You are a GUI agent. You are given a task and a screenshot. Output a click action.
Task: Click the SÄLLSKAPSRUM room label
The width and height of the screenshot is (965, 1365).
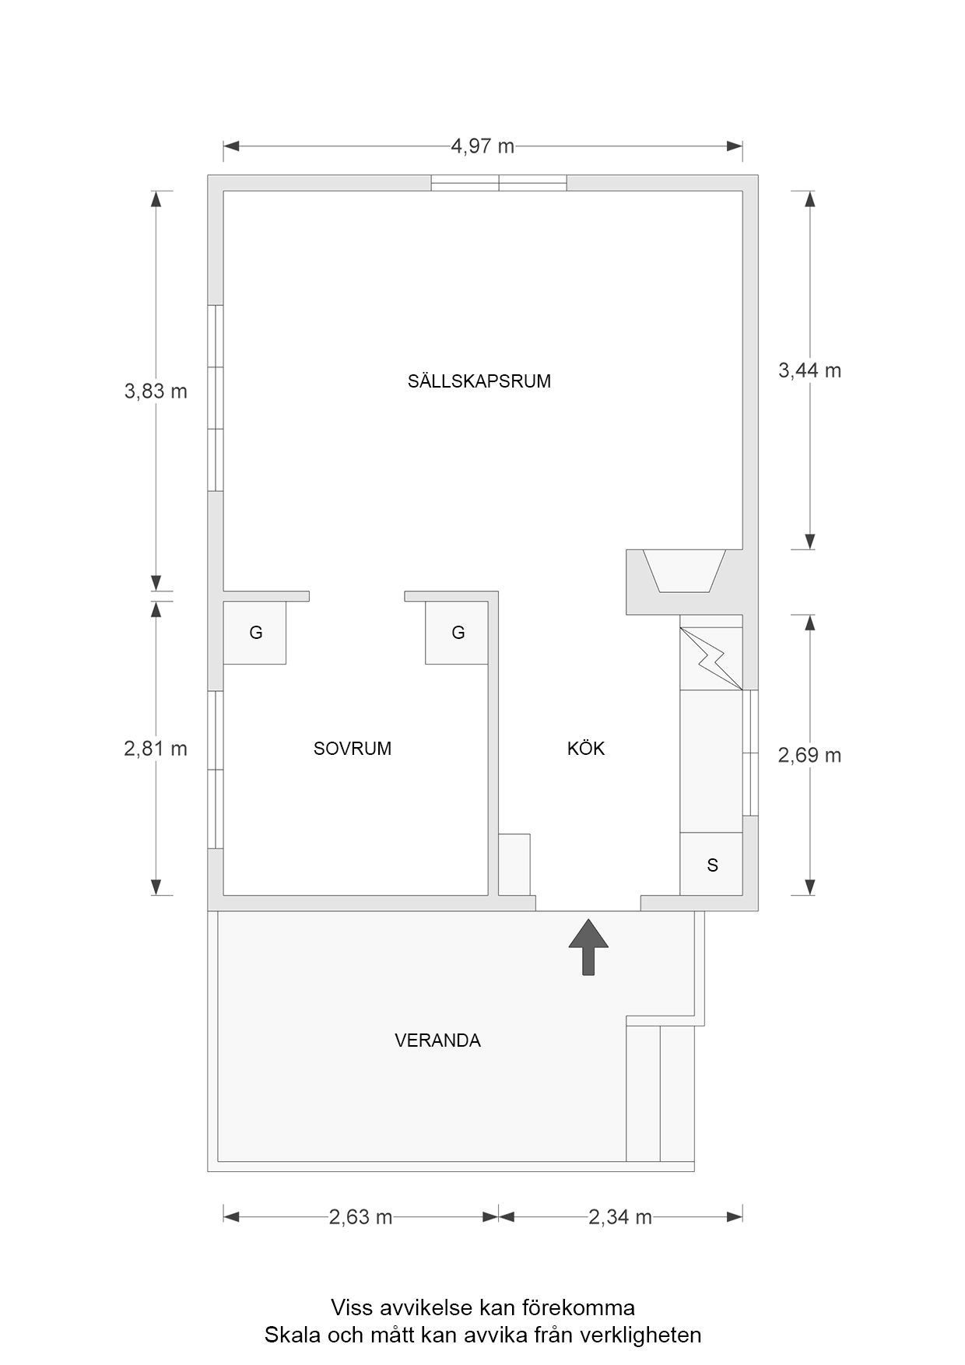479,381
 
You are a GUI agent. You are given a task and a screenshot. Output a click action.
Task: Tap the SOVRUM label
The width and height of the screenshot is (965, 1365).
352,749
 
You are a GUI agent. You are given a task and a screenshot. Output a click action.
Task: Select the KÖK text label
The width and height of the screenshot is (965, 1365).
585,749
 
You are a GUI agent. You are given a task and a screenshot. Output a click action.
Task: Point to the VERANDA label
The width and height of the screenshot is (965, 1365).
437,1040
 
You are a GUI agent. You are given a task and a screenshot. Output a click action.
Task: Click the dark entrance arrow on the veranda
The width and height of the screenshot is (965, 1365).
588,946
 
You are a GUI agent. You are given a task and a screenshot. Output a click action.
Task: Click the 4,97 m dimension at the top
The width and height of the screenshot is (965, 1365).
482,146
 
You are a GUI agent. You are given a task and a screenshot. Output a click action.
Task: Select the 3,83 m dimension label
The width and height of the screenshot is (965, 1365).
156,391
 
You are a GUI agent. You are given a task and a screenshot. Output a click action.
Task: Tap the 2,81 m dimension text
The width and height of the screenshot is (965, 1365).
156,749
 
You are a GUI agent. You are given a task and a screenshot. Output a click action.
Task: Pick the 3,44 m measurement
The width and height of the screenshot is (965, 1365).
809,370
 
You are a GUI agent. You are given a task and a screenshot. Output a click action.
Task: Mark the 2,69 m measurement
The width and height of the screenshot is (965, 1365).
809,755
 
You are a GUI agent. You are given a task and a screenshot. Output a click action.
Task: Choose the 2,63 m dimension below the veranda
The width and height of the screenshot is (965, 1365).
360,1217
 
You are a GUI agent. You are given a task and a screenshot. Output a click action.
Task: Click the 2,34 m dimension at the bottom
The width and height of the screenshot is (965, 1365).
619,1217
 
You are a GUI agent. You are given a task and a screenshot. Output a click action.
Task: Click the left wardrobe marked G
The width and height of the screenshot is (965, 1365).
255,633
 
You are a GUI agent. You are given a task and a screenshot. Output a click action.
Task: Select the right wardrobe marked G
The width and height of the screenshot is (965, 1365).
458,633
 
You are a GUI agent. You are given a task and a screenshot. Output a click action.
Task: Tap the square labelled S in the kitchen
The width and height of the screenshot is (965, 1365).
711,865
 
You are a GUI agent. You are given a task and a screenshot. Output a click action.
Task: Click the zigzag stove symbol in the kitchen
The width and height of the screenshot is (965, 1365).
711,658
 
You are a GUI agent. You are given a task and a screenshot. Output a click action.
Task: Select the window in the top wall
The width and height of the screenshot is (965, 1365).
499,183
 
